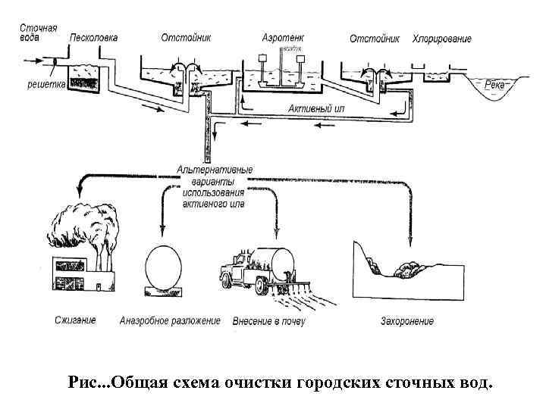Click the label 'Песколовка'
point(93,38)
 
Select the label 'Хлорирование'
point(441,39)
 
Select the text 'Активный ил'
point(316,109)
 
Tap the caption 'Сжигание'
point(76,320)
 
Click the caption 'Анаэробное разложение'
point(170,320)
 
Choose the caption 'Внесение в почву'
point(268,321)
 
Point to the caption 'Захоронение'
point(407,321)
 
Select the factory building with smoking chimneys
point(80,273)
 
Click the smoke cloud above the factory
point(83,228)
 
